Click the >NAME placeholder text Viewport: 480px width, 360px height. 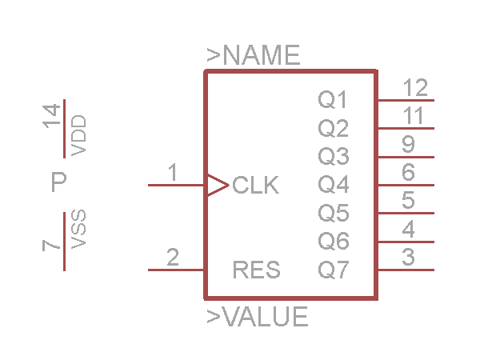254,55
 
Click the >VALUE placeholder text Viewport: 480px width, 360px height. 258,317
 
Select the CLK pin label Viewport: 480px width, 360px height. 256,186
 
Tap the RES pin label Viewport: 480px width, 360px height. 256,270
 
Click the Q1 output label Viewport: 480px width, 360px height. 334,100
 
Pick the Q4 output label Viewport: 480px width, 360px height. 334,185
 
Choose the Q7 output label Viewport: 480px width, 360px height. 334,270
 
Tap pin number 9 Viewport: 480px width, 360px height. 408,144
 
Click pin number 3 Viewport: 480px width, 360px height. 408,258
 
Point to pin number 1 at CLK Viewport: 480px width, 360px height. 173,173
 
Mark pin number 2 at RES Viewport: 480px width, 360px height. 173,258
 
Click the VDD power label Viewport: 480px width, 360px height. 78,135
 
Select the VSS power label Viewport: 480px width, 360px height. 78,230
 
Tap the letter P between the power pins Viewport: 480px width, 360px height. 58,183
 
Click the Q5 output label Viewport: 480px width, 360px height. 334,214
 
